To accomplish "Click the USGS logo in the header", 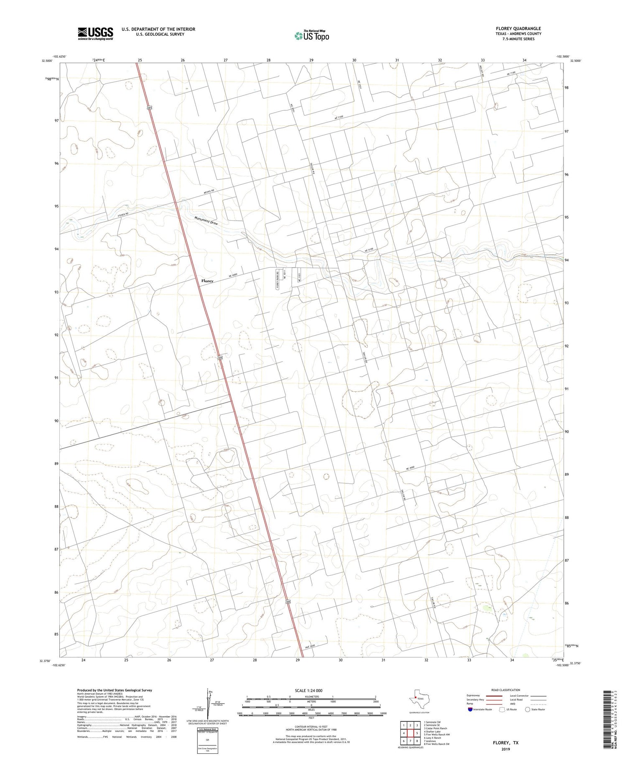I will coord(95,33).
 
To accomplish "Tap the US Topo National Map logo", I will coord(311,36).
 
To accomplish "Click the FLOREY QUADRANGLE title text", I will coord(518,28).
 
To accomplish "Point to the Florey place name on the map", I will coord(207,281).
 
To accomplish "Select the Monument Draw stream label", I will coord(206,221).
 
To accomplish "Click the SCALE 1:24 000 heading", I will coord(311,690).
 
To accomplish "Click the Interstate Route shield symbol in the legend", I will coord(471,709).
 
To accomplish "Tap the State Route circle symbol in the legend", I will coord(528,709).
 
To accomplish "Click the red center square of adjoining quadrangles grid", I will coord(410,733).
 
